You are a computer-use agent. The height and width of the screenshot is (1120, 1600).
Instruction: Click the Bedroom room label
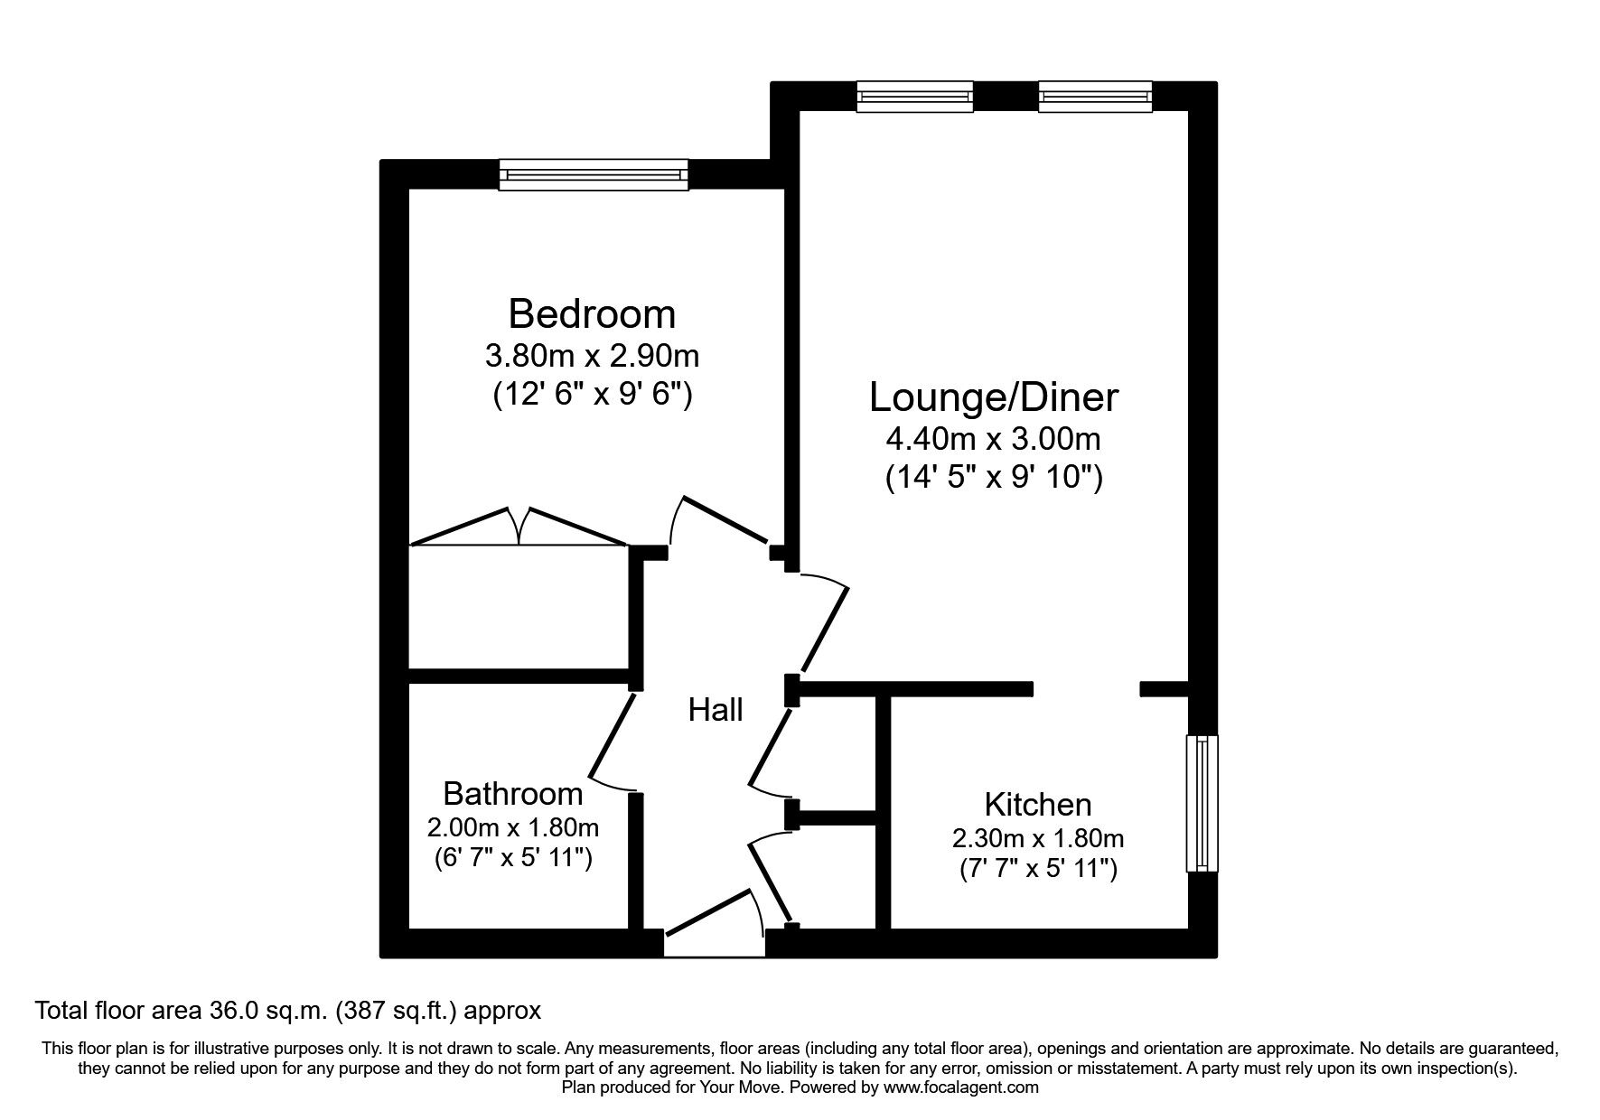592,314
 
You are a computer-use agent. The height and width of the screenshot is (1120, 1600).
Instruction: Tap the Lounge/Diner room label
993,397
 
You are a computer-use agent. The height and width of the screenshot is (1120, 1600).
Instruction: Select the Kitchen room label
1037,804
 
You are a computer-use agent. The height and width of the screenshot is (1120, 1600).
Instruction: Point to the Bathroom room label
512,794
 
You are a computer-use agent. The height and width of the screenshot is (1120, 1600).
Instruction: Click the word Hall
716,710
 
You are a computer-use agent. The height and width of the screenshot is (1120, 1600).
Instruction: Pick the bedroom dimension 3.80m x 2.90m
592,356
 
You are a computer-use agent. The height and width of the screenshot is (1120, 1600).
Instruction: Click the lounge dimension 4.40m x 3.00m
993,440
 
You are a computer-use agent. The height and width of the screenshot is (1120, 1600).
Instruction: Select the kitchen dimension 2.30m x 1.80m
1037,838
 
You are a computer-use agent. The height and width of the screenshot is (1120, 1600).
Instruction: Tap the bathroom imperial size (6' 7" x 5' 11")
512,857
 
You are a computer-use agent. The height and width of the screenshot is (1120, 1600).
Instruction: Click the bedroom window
594,174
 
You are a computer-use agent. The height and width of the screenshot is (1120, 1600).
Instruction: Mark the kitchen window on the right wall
1201,803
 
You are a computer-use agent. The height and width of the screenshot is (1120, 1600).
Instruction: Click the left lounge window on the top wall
914,97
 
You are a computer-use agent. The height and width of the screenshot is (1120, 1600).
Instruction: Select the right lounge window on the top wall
1095,97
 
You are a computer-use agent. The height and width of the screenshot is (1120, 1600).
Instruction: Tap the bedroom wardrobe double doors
519,529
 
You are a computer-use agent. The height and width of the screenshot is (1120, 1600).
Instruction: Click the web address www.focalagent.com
961,1087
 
